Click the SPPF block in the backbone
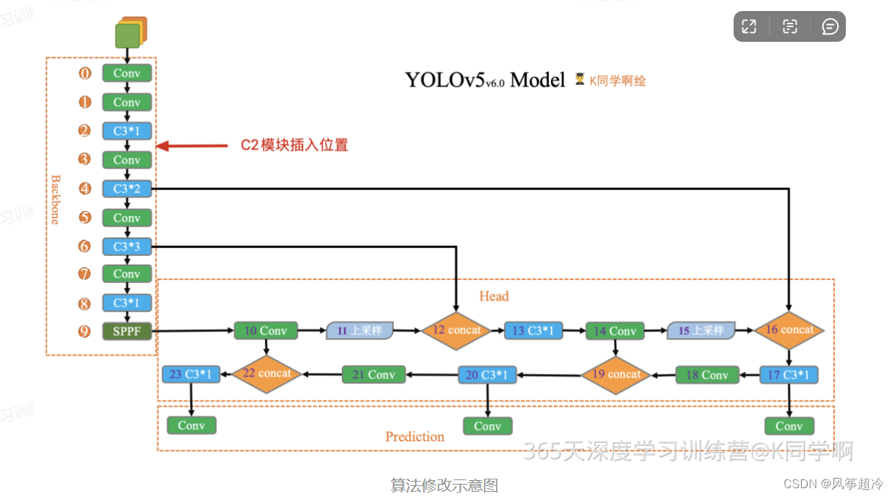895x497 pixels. (127, 331)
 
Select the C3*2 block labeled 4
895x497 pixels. (127, 188)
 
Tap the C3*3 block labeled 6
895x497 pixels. (127, 246)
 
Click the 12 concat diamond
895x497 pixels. (456, 331)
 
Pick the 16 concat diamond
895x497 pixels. (789, 331)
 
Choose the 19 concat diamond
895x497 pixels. (615, 375)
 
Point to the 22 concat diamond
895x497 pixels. (266, 374)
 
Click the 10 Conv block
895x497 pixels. (266, 331)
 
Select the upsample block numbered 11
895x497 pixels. (359, 331)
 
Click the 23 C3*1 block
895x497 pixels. (191, 375)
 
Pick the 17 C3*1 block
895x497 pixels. (789, 375)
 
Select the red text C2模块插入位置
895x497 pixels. (295, 145)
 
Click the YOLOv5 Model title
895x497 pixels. (485, 80)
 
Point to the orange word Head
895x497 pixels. (494, 296)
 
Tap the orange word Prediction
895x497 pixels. (414, 437)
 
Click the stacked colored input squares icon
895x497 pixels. (131, 33)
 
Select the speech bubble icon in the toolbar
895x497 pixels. (830, 27)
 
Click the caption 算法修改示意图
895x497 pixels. (444, 485)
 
